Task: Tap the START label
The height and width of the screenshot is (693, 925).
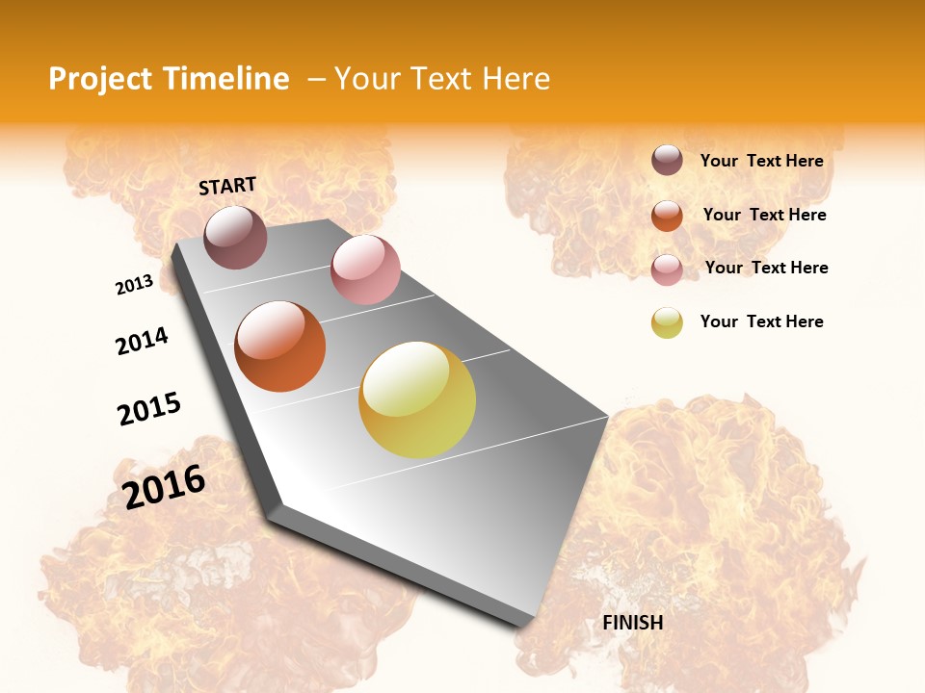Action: coord(227,186)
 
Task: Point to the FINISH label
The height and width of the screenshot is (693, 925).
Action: coord(633,623)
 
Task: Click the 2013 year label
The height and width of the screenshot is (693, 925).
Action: coord(135,285)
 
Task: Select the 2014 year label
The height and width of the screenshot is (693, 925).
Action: coord(143,342)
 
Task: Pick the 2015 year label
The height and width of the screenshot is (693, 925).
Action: coord(149,409)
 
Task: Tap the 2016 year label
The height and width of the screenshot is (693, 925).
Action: coord(165,486)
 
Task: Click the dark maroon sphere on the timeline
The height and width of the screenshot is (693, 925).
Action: coord(235,237)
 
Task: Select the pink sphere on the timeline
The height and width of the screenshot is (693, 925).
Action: coord(365,269)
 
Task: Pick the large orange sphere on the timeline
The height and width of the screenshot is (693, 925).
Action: coord(280,346)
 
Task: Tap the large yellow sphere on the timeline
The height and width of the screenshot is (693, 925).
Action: coord(417,399)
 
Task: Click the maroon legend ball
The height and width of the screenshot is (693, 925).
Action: coord(667,160)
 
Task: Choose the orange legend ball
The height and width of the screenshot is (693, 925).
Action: coord(667,216)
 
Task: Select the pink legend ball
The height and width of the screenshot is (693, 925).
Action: coord(667,269)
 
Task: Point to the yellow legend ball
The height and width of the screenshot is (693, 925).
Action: coord(667,322)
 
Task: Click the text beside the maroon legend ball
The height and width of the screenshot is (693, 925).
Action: coord(761,161)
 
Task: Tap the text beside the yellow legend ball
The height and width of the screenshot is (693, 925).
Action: coord(761,321)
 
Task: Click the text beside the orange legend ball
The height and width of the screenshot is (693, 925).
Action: coord(764,215)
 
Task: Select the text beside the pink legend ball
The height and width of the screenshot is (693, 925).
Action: coord(766,268)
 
